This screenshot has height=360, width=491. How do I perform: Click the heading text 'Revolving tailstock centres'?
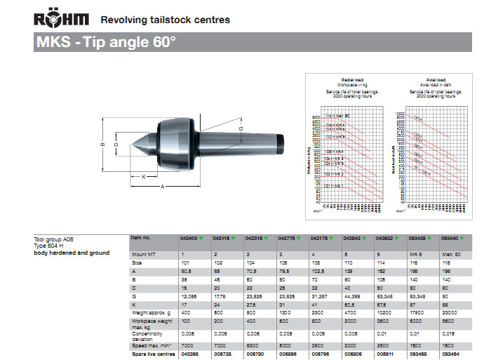click(165, 20)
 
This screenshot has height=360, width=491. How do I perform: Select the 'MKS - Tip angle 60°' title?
click(106, 41)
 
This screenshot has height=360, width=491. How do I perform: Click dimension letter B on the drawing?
click(102, 145)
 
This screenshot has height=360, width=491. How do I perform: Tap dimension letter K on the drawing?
click(144, 176)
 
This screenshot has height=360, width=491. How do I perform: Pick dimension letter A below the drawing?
click(163, 187)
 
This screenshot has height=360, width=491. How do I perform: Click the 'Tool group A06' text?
click(54, 239)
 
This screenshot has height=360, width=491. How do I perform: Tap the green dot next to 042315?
click(266, 239)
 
